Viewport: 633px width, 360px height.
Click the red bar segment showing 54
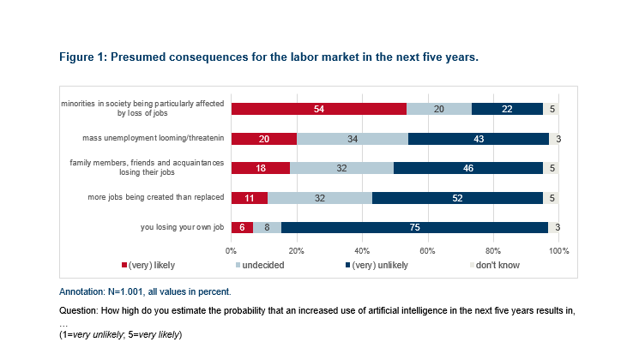click(x=318, y=109)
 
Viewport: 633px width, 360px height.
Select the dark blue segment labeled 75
click(x=414, y=227)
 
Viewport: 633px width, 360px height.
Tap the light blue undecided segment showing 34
click(x=353, y=139)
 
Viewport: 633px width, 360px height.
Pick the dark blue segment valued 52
click(x=457, y=197)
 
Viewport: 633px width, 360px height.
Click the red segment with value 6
click(x=242, y=227)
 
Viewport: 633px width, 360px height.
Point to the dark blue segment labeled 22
click(x=507, y=109)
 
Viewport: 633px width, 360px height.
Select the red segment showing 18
click(x=261, y=168)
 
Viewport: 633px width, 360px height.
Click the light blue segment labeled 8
click(x=268, y=227)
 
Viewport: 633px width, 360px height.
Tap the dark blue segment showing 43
click(x=479, y=139)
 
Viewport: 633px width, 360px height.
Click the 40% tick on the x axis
click(x=362, y=250)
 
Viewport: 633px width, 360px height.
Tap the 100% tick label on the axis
click(x=558, y=250)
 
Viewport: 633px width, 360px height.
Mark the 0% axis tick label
click(x=231, y=250)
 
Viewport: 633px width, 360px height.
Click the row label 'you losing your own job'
click(x=183, y=227)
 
